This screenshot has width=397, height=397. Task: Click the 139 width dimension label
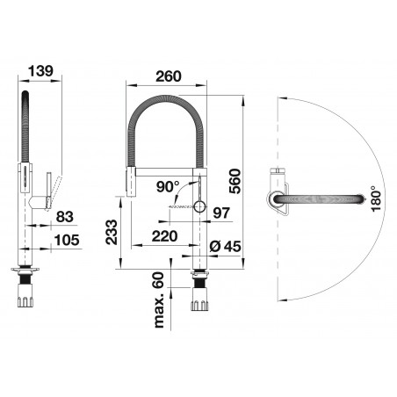pyautogui.click(x=40, y=71)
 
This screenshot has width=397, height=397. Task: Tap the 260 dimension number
pyautogui.click(x=169, y=76)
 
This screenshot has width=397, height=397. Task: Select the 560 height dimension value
pyautogui.click(x=235, y=181)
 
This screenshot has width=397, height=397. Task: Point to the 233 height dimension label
pyautogui.click(x=112, y=232)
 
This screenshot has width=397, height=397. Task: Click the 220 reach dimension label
pyautogui.click(x=164, y=236)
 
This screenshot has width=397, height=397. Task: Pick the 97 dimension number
pyautogui.click(x=221, y=213)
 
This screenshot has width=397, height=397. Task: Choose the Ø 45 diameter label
pyautogui.click(x=226, y=246)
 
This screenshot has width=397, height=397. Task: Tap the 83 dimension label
pyautogui.click(x=64, y=217)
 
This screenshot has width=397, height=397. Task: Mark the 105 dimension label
pyautogui.click(x=67, y=240)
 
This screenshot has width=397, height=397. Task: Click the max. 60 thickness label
pyautogui.click(x=158, y=300)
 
